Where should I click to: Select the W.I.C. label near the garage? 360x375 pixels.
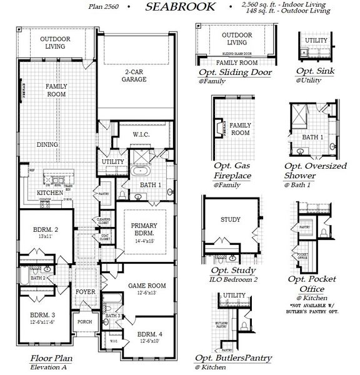140,134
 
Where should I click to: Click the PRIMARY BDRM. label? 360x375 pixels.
144,231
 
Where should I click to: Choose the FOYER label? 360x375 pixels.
85,292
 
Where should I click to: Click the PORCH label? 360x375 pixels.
84,323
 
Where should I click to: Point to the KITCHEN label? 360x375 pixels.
49,194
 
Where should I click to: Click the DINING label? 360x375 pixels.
47,144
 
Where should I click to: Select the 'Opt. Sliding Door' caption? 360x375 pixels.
234,72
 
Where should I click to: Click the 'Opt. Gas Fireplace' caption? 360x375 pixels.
231,168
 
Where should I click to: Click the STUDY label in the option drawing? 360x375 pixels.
231,219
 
